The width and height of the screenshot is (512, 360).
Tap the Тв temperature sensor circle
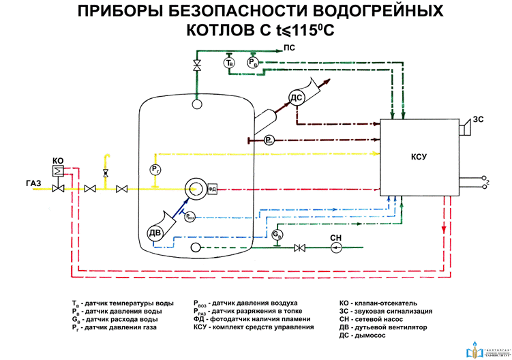click(230, 63)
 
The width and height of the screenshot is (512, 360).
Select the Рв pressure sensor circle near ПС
click(253, 63)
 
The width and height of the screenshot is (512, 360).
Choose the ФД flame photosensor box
click(212, 189)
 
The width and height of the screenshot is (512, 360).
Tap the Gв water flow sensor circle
click(277, 234)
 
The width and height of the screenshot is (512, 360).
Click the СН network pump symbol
click(335, 247)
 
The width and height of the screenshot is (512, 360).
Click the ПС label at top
click(289, 48)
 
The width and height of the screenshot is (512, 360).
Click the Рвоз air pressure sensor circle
click(191, 216)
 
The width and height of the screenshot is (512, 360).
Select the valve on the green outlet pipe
click(197, 65)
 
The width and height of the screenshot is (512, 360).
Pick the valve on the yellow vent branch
click(105, 173)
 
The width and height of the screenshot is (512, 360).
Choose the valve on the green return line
click(298, 247)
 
